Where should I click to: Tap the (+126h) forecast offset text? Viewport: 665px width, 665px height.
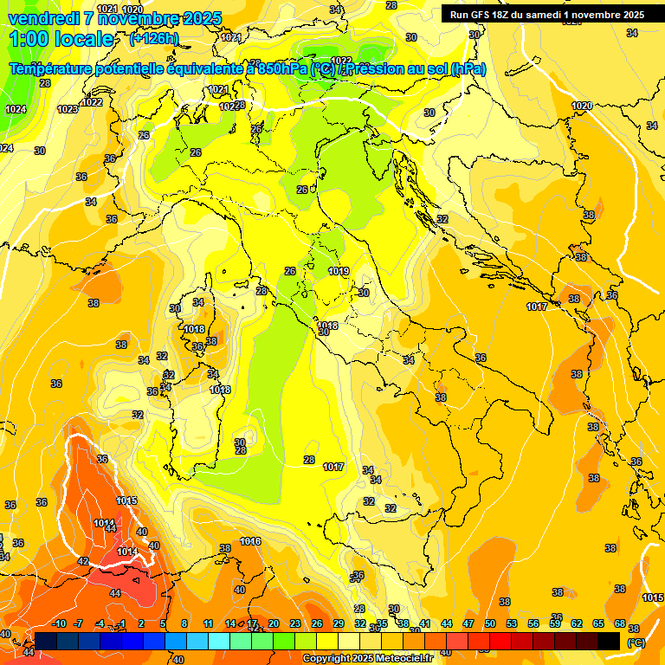(154, 38)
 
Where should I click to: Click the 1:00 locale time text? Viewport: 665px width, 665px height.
(61, 39)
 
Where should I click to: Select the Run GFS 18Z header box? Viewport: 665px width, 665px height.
(546, 14)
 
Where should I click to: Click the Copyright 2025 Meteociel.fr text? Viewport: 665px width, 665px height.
(367, 658)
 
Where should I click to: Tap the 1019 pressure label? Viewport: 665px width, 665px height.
(339, 271)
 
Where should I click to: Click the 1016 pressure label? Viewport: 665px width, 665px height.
(250, 541)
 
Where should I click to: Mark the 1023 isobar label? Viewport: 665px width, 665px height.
(68, 109)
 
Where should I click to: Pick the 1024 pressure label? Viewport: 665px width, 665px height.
(16, 109)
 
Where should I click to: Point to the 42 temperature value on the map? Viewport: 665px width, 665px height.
(83, 562)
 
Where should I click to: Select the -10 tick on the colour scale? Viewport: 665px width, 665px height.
(60, 623)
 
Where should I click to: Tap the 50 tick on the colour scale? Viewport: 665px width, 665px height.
(490, 623)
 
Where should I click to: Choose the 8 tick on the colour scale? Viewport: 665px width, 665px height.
(184, 623)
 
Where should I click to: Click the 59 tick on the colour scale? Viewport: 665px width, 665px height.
(555, 623)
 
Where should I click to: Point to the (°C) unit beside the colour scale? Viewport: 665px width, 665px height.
(636, 642)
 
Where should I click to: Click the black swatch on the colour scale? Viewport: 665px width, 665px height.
(609, 641)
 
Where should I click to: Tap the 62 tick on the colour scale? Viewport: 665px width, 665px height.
(577, 623)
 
